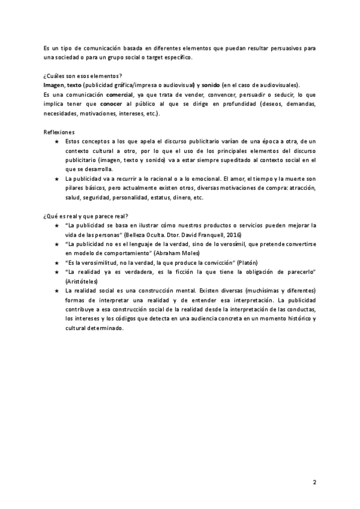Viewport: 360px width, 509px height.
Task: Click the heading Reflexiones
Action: pyautogui.click(x=59, y=131)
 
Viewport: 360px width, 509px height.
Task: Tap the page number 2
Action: pyautogui.click(x=314, y=482)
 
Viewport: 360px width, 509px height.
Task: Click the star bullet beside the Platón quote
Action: pyautogui.click(x=56, y=263)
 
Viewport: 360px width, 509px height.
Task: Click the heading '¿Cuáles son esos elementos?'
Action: pyautogui.click(x=83, y=76)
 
